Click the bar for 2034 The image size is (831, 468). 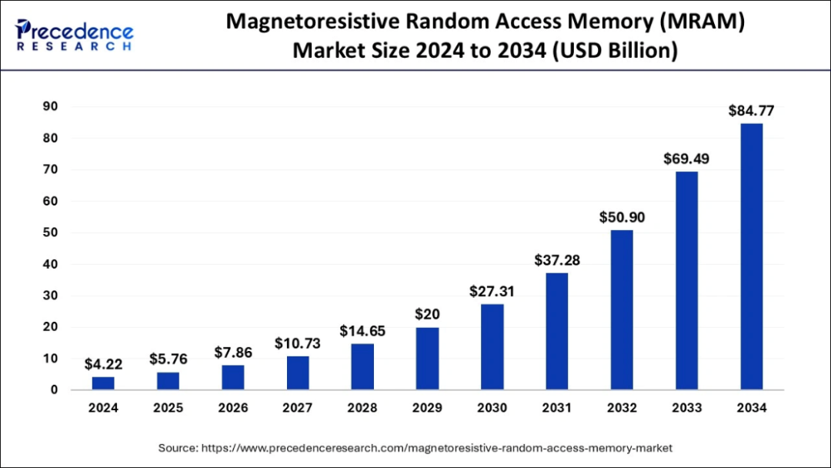pos(752,256)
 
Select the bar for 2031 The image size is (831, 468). pos(557,331)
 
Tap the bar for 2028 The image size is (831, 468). pos(362,366)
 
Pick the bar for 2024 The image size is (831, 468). pos(103,383)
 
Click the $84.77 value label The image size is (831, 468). pos(752,111)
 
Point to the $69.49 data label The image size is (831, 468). pos(686,159)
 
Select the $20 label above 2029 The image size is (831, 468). pos(427,316)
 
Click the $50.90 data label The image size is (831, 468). pos(622,218)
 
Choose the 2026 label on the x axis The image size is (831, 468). pos(232,409)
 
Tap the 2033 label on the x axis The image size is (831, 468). pos(686,409)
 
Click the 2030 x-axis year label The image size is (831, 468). pos(492,409)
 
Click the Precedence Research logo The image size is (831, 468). pos(74,35)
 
